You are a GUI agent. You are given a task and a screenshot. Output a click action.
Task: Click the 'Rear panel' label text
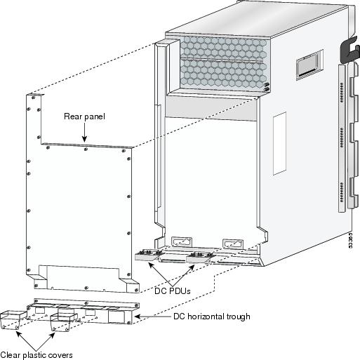click(84, 116)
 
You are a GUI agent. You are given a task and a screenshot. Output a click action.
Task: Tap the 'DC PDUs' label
click(173, 291)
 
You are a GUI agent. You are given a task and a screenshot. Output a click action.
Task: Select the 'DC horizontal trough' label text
click(212, 316)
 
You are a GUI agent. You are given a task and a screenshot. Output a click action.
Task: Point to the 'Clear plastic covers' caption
click(36, 355)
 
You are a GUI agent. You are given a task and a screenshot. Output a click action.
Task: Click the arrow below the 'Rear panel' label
click(84, 133)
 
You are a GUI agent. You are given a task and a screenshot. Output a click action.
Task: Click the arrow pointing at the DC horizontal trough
click(153, 316)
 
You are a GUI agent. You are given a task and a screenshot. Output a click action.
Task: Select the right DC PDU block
click(199, 258)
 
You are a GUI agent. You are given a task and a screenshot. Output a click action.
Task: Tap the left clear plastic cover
click(13, 320)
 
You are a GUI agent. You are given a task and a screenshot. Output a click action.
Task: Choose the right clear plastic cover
click(63, 322)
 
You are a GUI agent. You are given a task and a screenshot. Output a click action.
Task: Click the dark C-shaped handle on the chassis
click(349, 51)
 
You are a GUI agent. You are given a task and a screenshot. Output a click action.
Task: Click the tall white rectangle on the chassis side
click(280, 143)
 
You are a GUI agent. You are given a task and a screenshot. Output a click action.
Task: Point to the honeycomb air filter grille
click(224, 63)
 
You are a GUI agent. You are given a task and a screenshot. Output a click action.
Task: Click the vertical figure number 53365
click(350, 240)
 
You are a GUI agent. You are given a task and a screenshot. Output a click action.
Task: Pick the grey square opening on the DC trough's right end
click(116, 316)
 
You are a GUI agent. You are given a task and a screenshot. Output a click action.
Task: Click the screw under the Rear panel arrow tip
click(86, 149)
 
